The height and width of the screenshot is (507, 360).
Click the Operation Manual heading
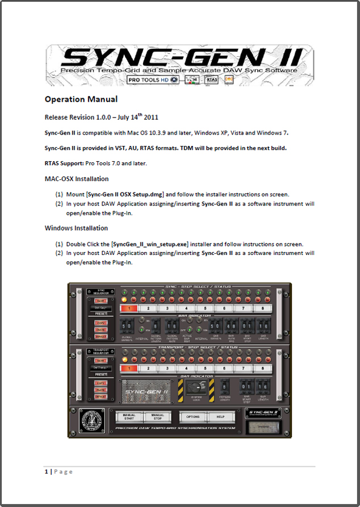pyautogui.click(x=81, y=99)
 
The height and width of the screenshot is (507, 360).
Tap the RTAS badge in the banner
pyautogui.click(x=211, y=80)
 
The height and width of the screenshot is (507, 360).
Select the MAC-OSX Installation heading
pyautogui.click(x=77, y=178)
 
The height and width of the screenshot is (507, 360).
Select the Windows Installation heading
pyautogui.click(x=76, y=228)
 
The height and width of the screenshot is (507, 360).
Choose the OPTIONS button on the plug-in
pyautogui.click(x=193, y=417)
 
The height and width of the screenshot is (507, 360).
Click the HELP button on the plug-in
pyautogui.click(x=220, y=417)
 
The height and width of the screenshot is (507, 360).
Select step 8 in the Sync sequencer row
pyautogui.click(x=263, y=308)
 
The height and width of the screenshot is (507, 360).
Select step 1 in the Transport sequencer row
pyautogui.click(x=129, y=368)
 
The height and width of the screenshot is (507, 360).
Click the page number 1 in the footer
pyautogui.click(x=47, y=471)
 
